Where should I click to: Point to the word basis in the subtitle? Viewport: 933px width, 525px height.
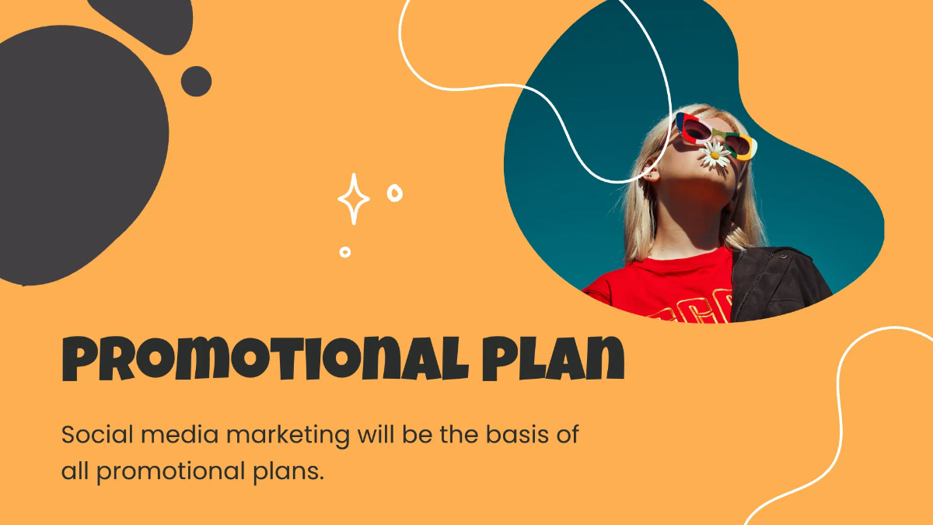coord(504,434)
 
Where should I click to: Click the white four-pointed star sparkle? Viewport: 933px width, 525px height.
coord(354,200)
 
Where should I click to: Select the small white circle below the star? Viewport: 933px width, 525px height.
coord(345,251)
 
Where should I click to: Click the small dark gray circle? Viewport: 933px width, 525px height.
coord(196,81)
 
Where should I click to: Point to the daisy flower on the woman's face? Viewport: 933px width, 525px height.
coord(715,154)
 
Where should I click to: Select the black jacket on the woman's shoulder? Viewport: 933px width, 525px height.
coord(777,284)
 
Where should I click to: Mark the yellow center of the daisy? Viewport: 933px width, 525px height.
coord(715,155)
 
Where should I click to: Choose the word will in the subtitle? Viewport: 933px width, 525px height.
coord(376,434)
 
